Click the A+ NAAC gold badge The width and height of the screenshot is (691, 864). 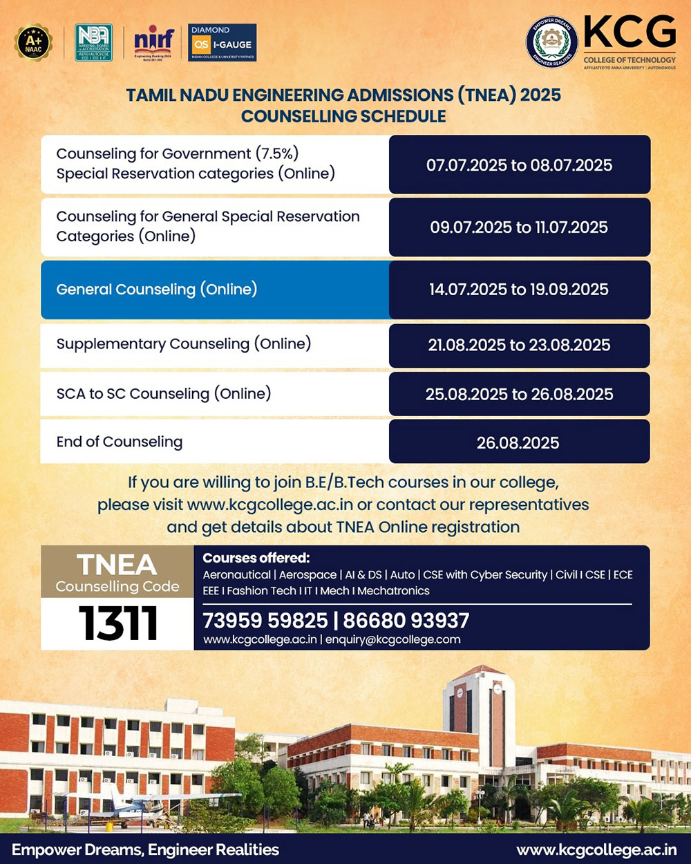coord(33,43)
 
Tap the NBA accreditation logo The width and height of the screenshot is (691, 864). coord(93,43)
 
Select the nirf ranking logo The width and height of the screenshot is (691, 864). coord(154,42)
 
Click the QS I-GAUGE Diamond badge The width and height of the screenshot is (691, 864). coord(222,43)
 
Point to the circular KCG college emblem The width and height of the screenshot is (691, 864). coord(551,42)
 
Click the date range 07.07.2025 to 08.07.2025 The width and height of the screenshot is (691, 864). coord(519,165)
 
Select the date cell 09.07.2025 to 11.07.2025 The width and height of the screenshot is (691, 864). coord(519,227)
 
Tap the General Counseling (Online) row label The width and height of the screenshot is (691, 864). coord(157,290)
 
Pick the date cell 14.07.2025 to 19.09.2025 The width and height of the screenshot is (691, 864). coord(519,290)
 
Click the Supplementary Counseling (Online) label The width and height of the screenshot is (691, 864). coord(184,344)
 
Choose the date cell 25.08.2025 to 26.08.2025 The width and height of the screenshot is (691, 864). coord(519,395)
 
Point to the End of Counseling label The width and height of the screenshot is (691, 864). coord(120,442)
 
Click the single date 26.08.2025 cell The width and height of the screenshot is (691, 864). coord(518,443)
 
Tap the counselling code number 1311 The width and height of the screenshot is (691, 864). coord(118,623)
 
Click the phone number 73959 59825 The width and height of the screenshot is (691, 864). coord(265,621)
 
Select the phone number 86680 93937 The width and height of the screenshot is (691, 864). coord(406,621)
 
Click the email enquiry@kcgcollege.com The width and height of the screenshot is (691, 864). coord(392,640)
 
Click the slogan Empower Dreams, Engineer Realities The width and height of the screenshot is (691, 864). coord(146,850)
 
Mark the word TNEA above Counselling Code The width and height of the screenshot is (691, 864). coord(117,565)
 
